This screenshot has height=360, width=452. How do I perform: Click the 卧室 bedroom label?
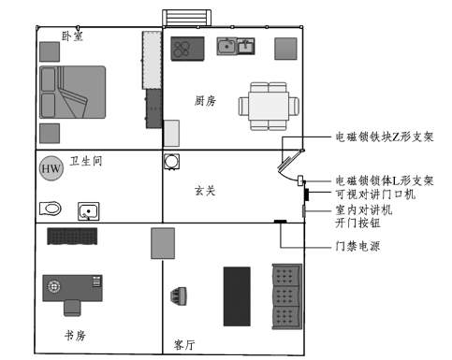point(72,36)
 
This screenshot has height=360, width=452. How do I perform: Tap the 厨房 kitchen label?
point(205,101)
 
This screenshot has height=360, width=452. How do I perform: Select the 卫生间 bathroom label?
point(86,161)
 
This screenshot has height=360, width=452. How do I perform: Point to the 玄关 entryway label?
point(205,191)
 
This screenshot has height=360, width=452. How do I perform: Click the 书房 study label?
point(75,336)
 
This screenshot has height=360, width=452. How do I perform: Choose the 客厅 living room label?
point(184,345)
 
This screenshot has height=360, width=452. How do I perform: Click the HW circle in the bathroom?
point(51,168)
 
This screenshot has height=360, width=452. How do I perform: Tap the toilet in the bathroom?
point(51,209)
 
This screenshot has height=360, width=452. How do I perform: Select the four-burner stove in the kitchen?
point(187,49)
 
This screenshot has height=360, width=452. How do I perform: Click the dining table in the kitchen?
point(269,106)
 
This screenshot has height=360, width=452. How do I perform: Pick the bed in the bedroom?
point(72,92)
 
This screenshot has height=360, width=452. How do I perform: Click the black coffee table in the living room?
point(237,296)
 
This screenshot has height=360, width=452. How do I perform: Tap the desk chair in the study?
point(72,308)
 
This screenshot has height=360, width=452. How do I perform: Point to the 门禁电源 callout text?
point(357,246)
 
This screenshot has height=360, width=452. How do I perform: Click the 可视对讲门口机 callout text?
point(375,194)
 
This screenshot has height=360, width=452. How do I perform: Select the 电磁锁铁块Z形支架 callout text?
point(385,137)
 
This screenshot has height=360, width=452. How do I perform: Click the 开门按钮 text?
point(357,223)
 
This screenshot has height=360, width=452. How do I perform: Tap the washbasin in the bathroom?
point(89,211)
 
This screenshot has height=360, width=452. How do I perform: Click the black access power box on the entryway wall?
point(280,222)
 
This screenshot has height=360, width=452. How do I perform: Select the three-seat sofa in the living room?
point(287,296)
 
